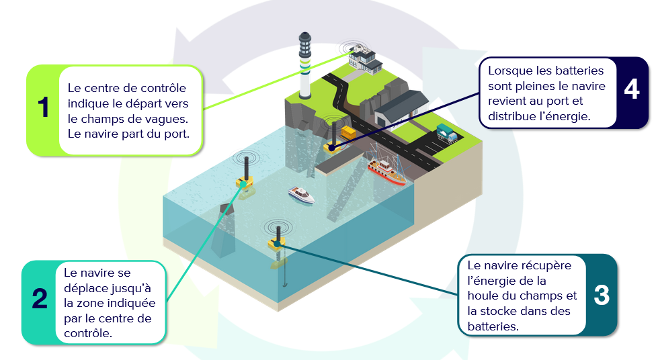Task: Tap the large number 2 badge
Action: tap(40, 300)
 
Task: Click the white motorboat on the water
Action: tap(301, 195)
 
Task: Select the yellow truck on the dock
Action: tap(347, 132)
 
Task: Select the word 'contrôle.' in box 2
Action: tap(88, 332)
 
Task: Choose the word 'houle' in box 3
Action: tap(483, 296)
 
